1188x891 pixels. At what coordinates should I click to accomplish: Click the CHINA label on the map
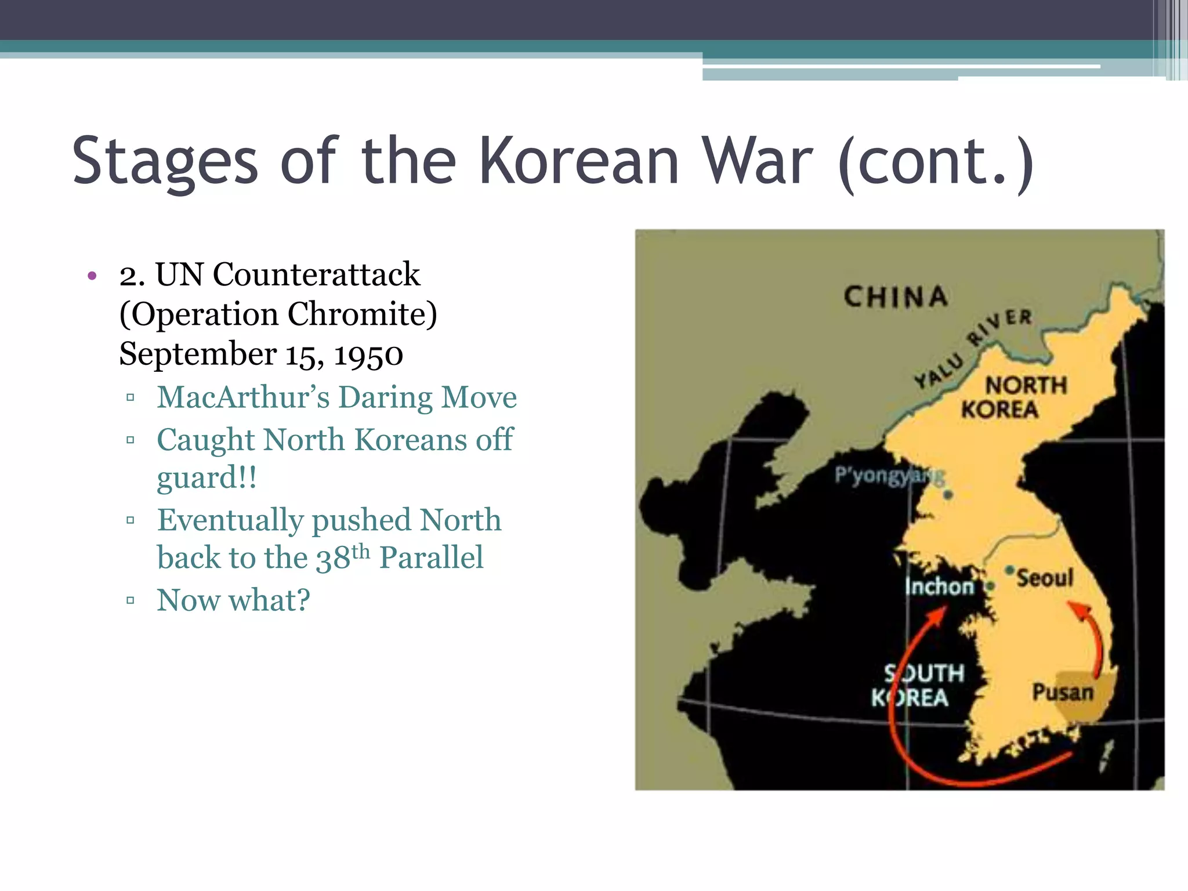(895, 297)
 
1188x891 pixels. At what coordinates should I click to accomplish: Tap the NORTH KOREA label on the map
(1012, 397)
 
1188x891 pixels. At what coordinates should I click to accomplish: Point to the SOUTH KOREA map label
(918, 686)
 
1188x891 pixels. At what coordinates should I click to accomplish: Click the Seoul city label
(1045, 578)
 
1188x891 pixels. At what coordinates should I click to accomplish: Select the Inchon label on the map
(939, 586)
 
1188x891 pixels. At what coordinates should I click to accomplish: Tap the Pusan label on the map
(1062, 692)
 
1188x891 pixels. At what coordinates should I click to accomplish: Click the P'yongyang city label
(888, 476)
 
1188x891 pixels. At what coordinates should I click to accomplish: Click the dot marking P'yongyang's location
(948, 495)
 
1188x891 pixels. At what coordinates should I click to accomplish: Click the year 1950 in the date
(368, 354)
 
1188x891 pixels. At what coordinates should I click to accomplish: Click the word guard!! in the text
(207, 478)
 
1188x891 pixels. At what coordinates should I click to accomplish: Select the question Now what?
(233, 600)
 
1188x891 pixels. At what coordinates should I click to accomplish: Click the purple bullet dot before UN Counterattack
(92, 276)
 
